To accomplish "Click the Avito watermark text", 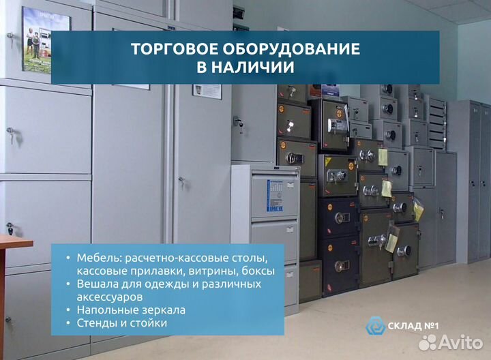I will coord(456,342).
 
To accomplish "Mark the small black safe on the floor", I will coord(311,280).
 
